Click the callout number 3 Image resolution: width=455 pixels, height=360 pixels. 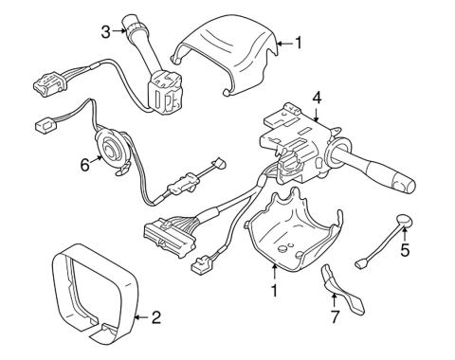click(105, 32)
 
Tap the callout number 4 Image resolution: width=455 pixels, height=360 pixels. click(317, 99)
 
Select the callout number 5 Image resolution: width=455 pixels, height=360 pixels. click(405, 249)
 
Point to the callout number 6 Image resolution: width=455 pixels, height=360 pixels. click(84, 165)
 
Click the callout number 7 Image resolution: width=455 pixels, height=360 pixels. click(335, 316)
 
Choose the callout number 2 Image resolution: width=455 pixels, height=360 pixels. click(156, 317)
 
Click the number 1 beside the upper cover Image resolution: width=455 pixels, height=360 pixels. click(298, 44)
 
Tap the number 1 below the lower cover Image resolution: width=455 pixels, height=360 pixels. click(274, 291)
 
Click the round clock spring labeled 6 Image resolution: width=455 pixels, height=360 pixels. click(111, 149)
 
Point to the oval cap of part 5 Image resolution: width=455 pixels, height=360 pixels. click(405, 221)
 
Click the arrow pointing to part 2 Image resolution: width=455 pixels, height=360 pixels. click(141, 317)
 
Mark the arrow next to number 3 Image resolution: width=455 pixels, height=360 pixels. click(119, 30)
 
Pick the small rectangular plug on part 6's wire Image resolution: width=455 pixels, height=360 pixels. click(45, 125)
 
